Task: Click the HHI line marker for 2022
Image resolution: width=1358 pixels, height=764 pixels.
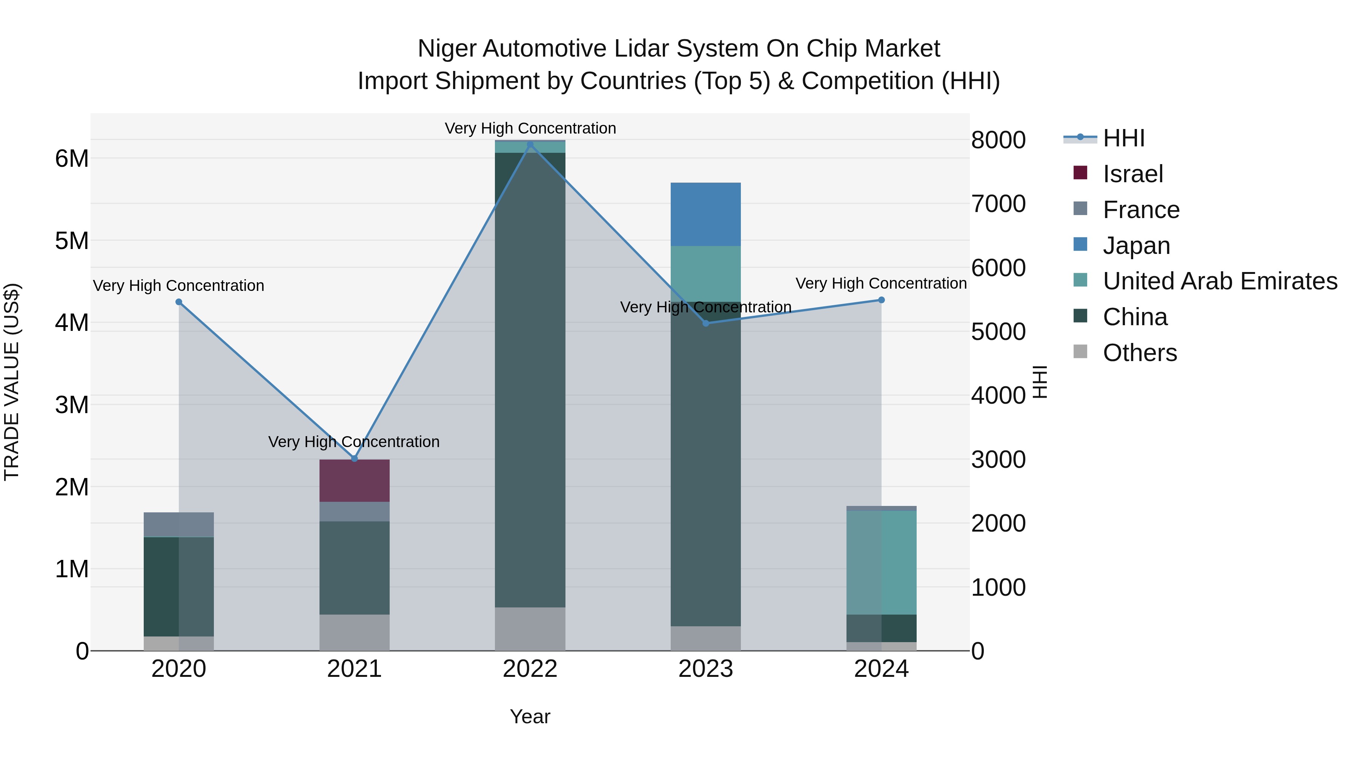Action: [530, 144]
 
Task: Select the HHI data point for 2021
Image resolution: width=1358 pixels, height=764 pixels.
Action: [354, 459]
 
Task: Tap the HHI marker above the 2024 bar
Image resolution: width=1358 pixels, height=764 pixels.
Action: [882, 300]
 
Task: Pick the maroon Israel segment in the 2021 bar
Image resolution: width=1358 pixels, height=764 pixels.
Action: [354, 480]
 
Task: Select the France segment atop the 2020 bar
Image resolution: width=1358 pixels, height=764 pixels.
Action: [179, 524]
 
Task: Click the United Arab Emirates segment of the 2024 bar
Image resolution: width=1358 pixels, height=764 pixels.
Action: [882, 562]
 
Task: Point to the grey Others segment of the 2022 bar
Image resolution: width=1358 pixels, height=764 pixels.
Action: [530, 629]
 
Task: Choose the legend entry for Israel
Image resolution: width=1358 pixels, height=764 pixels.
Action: [1132, 174]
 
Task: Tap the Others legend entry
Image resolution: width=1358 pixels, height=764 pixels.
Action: [1139, 353]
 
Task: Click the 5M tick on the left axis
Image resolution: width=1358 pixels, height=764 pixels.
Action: [72, 241]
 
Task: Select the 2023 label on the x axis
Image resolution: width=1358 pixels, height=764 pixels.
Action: [705, 669]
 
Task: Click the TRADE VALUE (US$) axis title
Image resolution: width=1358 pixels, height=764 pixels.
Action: [12, 382]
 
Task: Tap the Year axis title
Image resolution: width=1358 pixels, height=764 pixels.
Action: [530, 716]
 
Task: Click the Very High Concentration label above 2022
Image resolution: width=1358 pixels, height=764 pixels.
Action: [530, 128]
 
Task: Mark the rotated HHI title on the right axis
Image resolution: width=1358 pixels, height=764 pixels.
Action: [1039, 382]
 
